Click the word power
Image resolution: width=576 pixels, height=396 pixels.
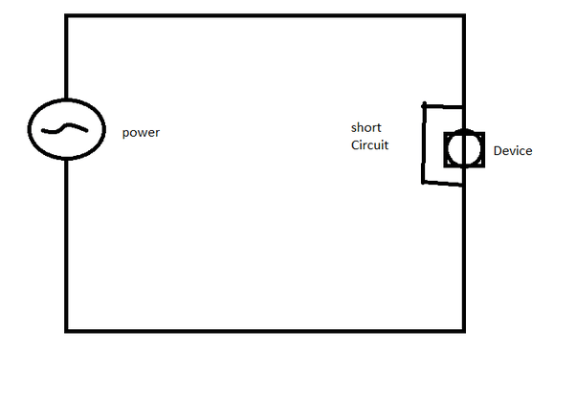click(x=141, y=133)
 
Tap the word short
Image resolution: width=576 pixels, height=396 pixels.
click(x=366, y=127)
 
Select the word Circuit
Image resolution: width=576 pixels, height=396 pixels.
click(x=369, y=145)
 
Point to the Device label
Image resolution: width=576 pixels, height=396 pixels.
click(x=513, y=150)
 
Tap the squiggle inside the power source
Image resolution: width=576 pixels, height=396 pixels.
click(x=65, y=128)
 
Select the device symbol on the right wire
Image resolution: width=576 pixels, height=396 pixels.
click(x=464, y=149)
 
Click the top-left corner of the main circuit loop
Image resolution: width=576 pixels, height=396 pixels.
click(x=66, y=16)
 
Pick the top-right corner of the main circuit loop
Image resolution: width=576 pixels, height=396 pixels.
click(x=464, y=16)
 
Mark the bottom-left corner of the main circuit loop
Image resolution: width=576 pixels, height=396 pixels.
click(x=66, y=331)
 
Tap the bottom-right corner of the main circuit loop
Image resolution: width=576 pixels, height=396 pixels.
click(x=464, y=331)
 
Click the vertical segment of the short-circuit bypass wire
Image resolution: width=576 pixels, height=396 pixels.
click(x=424, y=143)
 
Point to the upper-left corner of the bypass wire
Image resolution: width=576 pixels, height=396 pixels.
click(x=424, y=106)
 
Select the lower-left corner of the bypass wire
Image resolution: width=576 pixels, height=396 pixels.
click(x=423, y=182)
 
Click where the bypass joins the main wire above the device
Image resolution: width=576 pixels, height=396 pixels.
click(x=463, y=107)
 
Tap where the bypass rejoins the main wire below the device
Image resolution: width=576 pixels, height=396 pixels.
click(x=463, y=185)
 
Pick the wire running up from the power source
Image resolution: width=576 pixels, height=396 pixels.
click(x=66, y=57)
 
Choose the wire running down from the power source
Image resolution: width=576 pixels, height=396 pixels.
click(x=66, y=246)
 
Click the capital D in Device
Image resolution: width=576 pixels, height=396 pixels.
click(x=498, y=150)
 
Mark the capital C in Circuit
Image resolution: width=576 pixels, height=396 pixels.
click(x=355, y=145)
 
